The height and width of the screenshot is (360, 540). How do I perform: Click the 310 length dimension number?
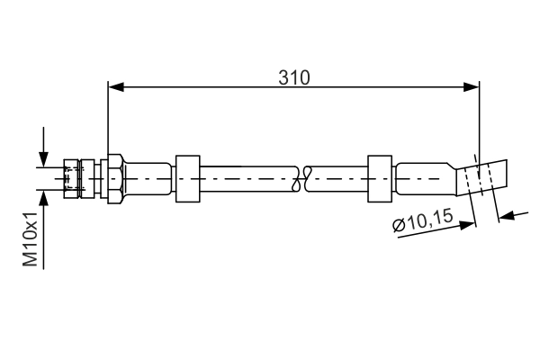[x=293, y=77]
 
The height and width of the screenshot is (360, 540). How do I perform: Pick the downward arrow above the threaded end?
[x=41, y=157]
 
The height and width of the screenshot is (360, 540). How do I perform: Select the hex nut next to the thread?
[x=114, y=177]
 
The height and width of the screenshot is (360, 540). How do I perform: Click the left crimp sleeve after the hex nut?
[x=148, y=177]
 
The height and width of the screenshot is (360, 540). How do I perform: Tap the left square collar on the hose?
[x=187, y=177]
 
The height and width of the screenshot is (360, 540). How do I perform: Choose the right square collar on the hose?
[x=381, y=177]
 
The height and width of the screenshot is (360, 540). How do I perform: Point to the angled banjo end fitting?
[x=483, y=177]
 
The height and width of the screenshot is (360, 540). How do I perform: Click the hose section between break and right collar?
[x=337, y=177]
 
